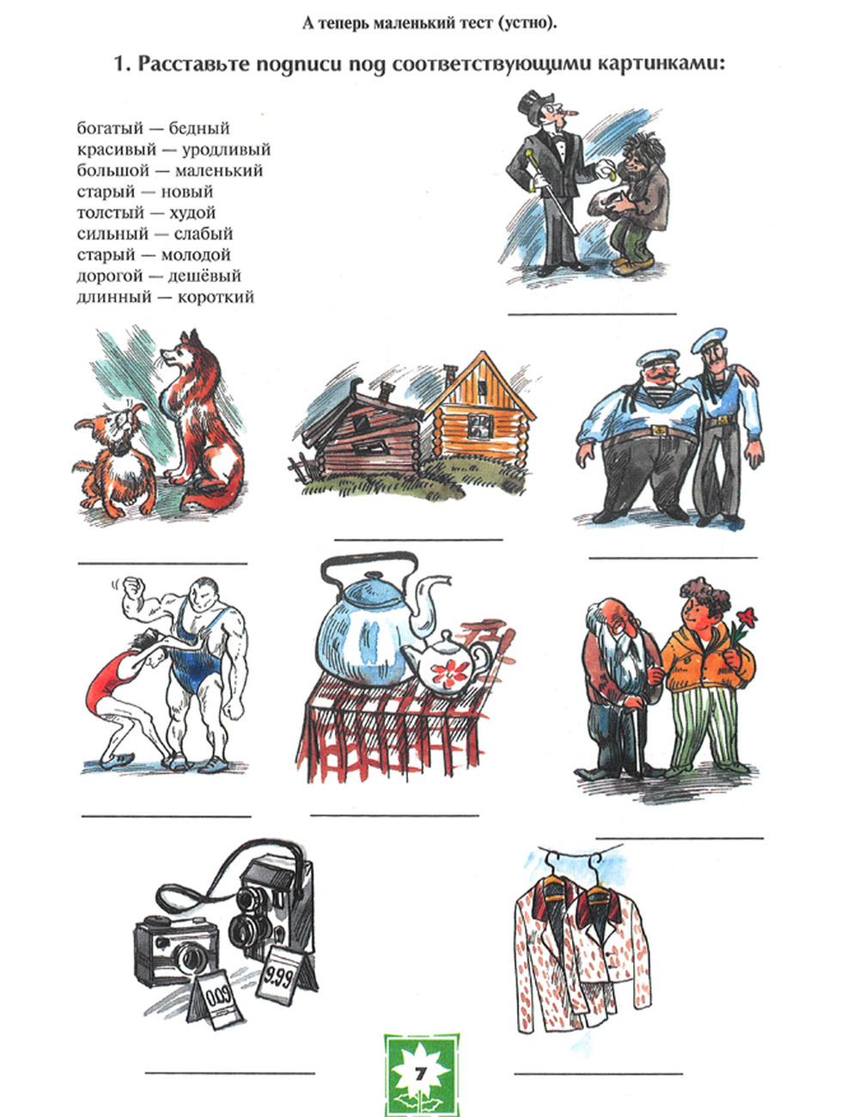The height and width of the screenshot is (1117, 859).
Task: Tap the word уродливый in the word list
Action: coord(226,150)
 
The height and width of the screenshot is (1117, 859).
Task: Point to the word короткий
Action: coord(216,297)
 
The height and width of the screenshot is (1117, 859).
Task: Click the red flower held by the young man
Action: coord(746,616)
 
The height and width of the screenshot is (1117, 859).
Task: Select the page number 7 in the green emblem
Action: coord(421,1074)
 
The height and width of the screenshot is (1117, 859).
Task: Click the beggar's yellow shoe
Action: coord(633,265)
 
